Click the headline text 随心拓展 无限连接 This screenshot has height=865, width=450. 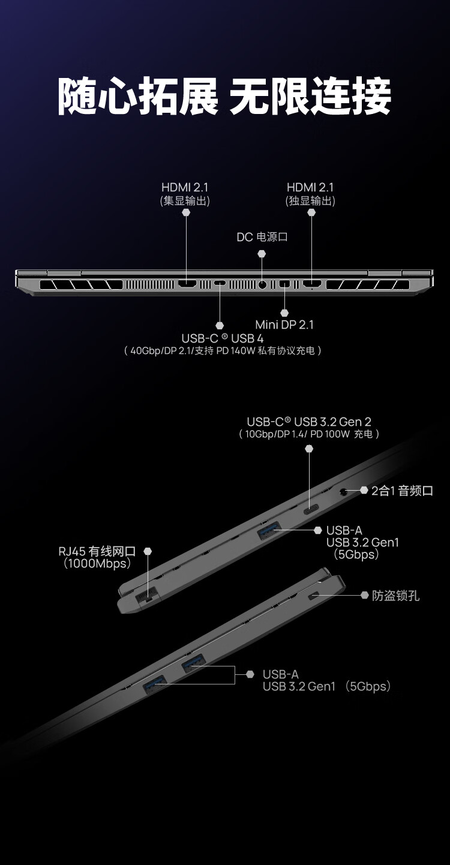click(224, 96)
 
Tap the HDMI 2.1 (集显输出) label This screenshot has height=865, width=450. click(185, 188)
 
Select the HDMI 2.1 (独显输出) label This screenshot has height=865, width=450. click(310, 188)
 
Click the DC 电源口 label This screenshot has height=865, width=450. click(262, 237)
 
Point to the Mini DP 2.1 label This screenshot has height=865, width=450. click(284, 325)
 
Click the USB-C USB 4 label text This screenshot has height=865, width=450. click(223, 338)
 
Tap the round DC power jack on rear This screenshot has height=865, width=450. click(262, 284)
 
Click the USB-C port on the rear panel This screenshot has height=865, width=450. click(220, 284)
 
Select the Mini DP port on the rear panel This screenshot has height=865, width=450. click(284, 284)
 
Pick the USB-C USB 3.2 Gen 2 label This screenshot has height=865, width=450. click(309, 422)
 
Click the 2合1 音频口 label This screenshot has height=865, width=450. click(402, 491)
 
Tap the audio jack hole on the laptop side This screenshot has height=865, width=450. click(344, 492)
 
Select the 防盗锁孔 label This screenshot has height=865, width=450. click(395, 596)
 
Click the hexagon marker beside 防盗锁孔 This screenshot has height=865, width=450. click(364, 595)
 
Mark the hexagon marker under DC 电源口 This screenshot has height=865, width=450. click(262, 254)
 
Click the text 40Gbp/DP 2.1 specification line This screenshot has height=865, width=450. click(223, 350)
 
